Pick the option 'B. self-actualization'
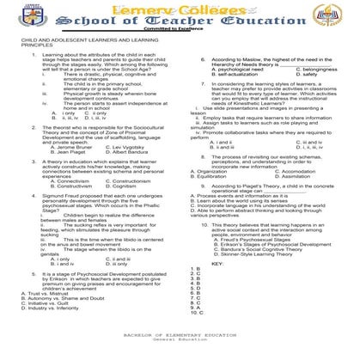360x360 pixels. (x=232, y=74)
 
